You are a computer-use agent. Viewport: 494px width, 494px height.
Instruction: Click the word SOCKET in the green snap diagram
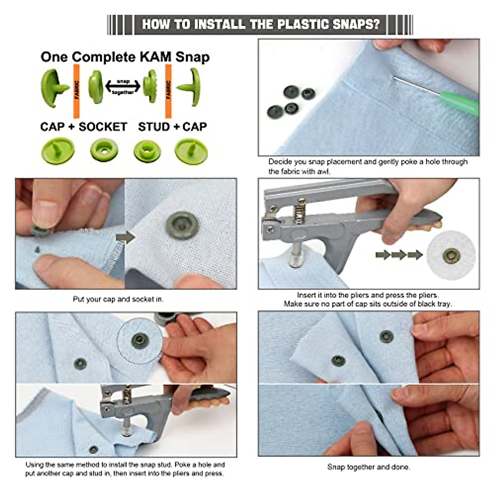(103, 126)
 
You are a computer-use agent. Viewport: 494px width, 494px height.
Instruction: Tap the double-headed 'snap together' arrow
(123, 87)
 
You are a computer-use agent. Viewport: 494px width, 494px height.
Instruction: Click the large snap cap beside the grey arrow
(182, 226)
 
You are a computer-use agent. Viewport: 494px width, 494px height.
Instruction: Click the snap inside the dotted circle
(139, 340)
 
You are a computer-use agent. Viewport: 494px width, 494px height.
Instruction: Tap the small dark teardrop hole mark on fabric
(37, 249)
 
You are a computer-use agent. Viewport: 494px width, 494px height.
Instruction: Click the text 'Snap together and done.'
(368, 467)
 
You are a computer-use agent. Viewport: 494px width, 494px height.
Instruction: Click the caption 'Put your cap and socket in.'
(118, 299)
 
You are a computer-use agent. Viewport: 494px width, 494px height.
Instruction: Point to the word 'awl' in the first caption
(323, 171)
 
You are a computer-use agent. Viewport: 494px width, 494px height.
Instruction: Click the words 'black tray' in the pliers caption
(434, 304)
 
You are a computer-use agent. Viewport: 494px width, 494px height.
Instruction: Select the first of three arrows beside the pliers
(383, 255)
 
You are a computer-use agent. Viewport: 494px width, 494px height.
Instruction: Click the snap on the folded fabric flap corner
(338, 361)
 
